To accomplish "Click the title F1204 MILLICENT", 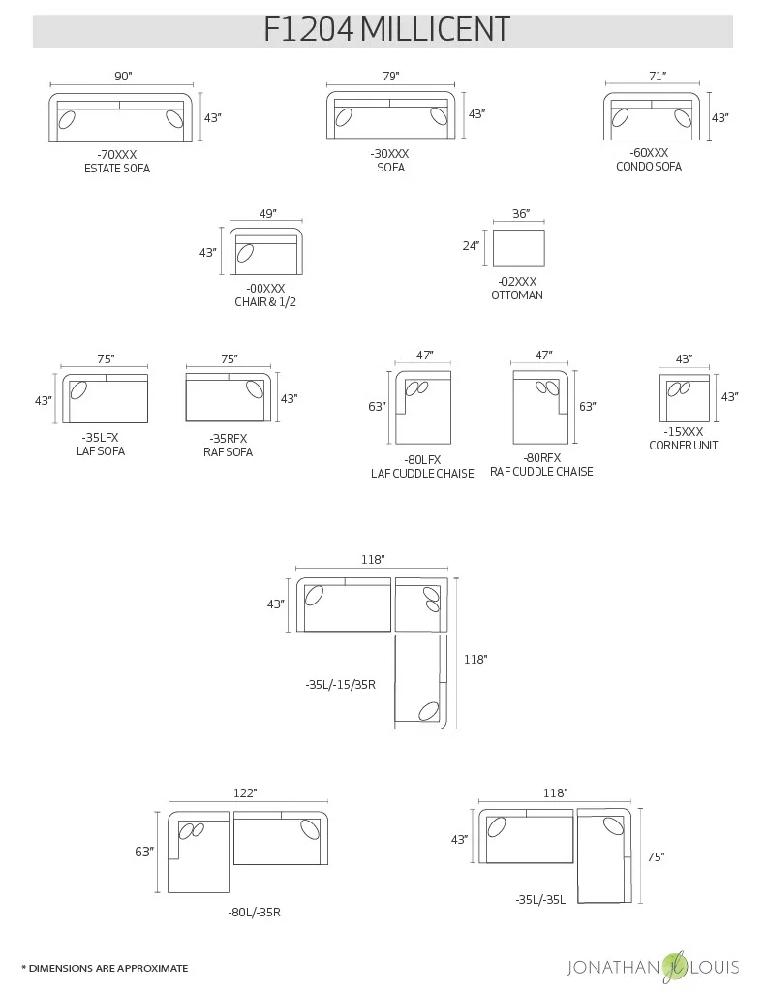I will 386,29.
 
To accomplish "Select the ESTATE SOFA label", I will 117,169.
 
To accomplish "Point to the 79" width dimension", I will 390,77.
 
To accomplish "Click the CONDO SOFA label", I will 648,167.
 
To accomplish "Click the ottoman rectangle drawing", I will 518,248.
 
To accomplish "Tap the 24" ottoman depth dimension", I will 471,246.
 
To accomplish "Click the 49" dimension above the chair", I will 268,214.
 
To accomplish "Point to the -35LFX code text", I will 101,437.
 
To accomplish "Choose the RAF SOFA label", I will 228,452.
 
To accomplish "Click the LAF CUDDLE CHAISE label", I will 422,474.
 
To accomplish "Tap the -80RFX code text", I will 542,457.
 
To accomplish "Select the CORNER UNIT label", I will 683,446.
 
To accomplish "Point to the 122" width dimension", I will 245,793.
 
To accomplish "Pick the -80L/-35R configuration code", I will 254,913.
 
